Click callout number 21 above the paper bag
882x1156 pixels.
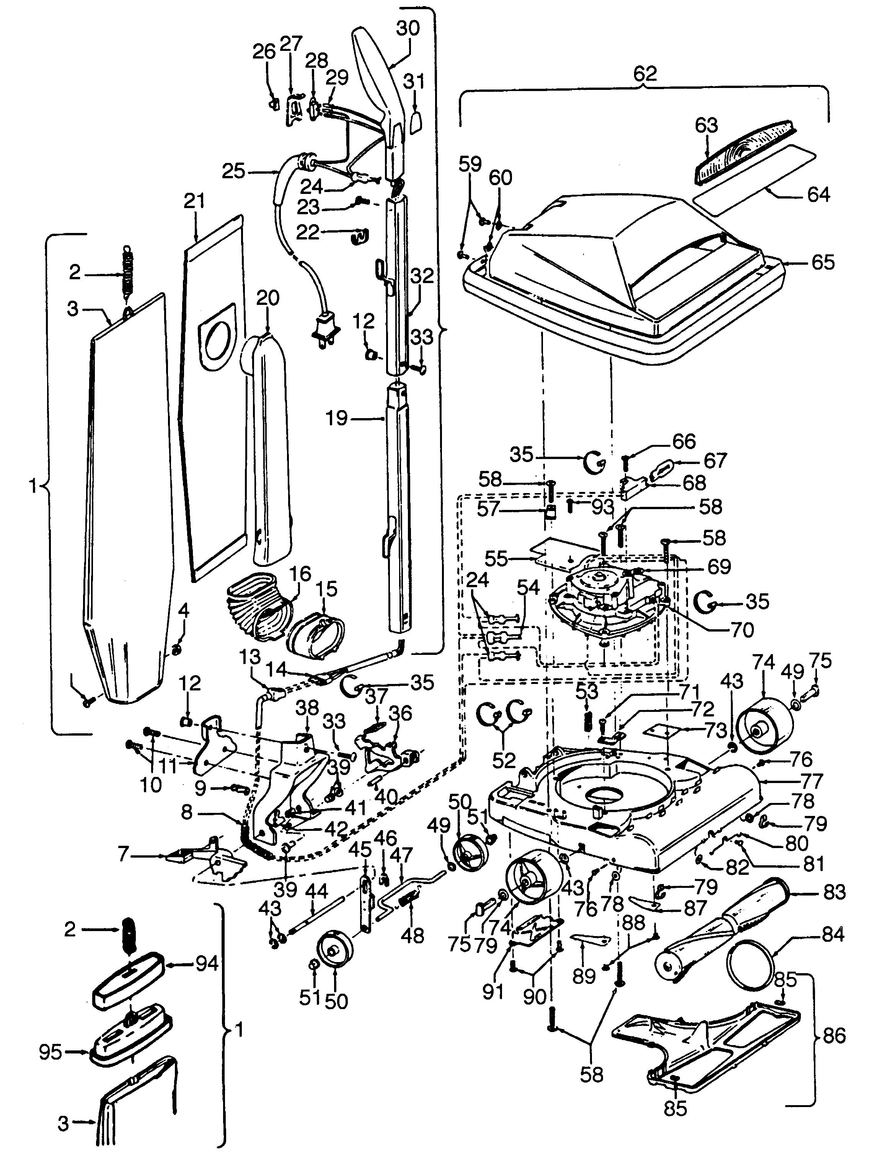[194, 202]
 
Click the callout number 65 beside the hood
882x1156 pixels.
[823, 262]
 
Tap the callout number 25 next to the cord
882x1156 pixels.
[233, 172]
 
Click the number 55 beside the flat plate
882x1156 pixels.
[496, 559]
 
